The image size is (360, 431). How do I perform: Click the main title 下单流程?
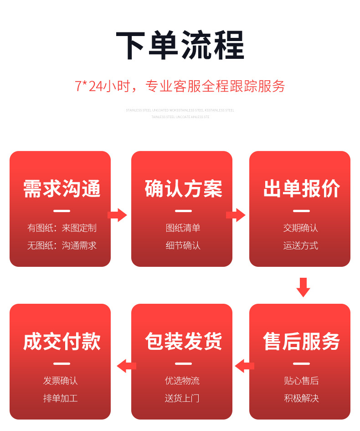click(180, 46)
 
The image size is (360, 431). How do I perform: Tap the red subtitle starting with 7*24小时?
click(180, 86)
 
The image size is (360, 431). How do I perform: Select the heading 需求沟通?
click(62, 189)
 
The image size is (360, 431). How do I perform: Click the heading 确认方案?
click(184, 189)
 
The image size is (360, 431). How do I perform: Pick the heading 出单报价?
click(301, 189)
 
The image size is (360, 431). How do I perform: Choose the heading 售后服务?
click(301, 341)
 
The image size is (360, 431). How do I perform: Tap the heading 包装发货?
click(184, 341)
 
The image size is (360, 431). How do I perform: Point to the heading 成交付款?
click(62, 341)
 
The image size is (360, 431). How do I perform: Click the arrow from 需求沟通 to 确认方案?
click(117, 215)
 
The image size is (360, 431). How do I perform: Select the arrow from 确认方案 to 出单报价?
click(236, 215)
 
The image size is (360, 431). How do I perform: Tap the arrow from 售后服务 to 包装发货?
click(245, 365)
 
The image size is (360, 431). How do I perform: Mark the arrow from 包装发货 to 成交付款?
click(127, 365)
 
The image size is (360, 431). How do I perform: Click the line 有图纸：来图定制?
click(62, 228)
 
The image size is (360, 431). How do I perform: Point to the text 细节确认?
click(183, 246)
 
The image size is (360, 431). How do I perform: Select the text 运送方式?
click(301, 246)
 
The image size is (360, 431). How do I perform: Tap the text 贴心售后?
click(301, 381)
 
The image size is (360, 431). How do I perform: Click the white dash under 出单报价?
click(301, 211)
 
